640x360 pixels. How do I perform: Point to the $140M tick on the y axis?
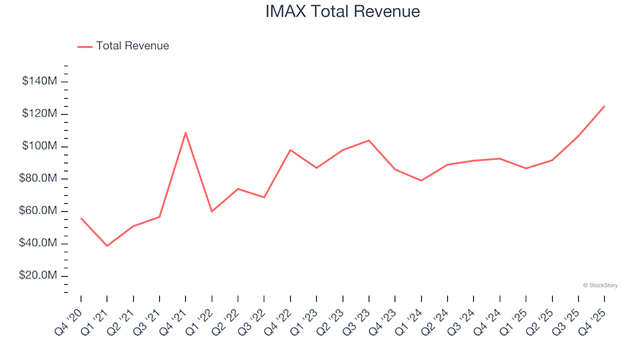coord(39,81)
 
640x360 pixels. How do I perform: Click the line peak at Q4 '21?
coord(185,133)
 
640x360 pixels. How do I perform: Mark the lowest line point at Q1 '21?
coord(107,246)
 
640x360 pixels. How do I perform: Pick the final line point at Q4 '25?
coord(604,106)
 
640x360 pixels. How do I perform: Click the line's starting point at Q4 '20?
coord(81,218)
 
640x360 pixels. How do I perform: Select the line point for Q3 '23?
coord(369,141)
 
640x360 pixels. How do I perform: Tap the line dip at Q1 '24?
coord(421,181)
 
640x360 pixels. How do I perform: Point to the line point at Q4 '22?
coord(290,150)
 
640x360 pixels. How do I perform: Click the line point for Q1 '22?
coord(211,211)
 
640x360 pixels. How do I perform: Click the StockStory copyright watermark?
coord(600,285)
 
